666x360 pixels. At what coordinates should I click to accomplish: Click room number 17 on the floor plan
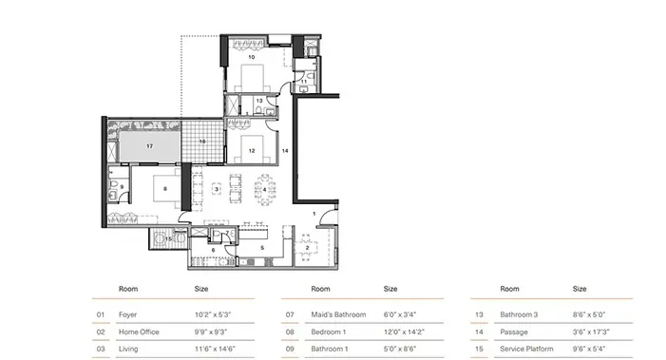[x=149, y=146]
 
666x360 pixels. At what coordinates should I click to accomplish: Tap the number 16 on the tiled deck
[x=202, y=142]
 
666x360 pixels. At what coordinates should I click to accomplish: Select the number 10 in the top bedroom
[x=252, y=57]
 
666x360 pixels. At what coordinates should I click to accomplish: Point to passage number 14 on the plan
[x=285, y=151]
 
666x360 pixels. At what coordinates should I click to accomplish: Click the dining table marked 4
[x=265, y=190]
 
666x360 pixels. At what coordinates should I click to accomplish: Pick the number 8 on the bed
[x=165, y=189]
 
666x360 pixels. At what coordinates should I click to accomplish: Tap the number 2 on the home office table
[x=307, y=248]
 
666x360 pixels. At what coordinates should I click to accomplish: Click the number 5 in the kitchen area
[x=262, y=248]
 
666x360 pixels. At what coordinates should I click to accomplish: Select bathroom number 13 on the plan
[x=259, y=101]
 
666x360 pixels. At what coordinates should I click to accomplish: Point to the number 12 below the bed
[x=252, y=151]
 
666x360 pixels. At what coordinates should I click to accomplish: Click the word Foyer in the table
[x=127, y=314]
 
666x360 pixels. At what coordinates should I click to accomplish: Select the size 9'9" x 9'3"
[x=211, y=332]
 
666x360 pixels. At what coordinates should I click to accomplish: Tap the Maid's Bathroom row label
[x=338, y=314]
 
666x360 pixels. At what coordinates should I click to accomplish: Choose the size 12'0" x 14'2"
[x=404, y=332]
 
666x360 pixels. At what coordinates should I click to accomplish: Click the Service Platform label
[x=526, y=349]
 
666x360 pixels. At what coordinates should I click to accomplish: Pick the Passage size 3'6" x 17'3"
[x=591, y=332]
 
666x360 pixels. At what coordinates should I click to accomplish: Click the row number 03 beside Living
[x=101, y=349]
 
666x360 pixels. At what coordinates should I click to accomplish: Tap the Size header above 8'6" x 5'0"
[x=580, y=289]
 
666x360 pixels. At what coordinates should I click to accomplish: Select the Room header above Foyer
[x=128, y=289]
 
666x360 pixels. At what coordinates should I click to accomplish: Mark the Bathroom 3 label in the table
[x=519, y=314]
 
